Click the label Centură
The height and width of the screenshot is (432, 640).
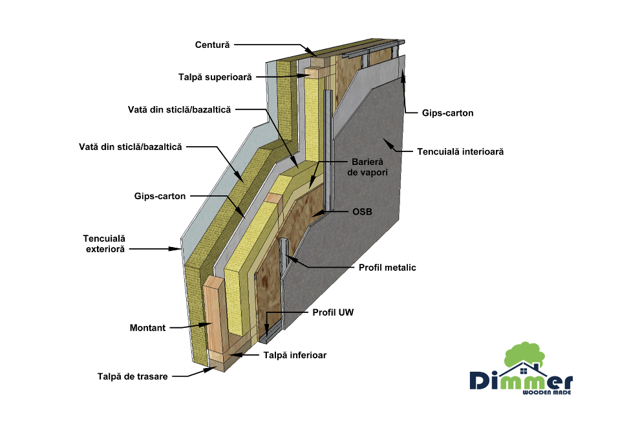[x=213, y=45]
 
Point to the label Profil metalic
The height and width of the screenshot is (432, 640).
[x=387, y=266]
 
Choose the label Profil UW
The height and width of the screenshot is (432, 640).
[x=333, y=312]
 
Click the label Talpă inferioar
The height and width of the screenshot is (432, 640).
[x=294, y=355]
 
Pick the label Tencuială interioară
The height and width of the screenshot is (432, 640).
[x=460, y=152]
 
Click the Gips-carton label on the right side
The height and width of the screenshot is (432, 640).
[x=449, y=113]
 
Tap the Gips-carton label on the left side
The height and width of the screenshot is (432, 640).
[x=160, y=195]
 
